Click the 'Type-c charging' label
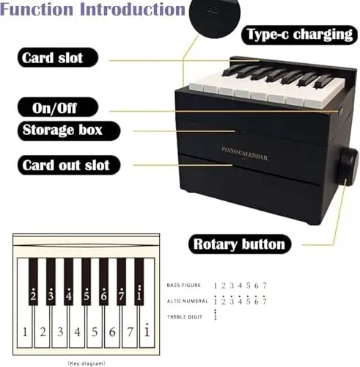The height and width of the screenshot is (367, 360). point(299,34)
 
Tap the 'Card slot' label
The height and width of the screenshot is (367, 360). point(58,57)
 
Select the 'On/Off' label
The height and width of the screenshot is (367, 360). point(58,107)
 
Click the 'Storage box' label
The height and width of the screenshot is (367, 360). point(69,131)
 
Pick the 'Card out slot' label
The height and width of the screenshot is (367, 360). point(69,165)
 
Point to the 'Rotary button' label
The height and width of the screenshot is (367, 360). point(240,244)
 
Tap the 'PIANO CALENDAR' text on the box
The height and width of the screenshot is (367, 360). point(244,153)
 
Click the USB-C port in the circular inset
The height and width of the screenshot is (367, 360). point(212,10)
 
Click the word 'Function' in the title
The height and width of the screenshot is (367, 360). point(37,9)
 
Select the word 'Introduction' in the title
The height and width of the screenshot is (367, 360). point(133,9)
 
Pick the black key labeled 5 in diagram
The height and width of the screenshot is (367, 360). point(86,282)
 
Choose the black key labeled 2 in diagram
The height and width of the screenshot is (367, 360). point(33,282)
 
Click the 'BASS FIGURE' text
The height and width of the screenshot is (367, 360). point(184,286)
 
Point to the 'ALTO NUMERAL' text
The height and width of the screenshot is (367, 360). point(188,301)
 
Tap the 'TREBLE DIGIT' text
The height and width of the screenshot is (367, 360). point(185,317)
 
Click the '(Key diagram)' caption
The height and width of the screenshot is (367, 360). point(87,363)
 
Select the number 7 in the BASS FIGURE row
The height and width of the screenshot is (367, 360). point(265,286)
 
